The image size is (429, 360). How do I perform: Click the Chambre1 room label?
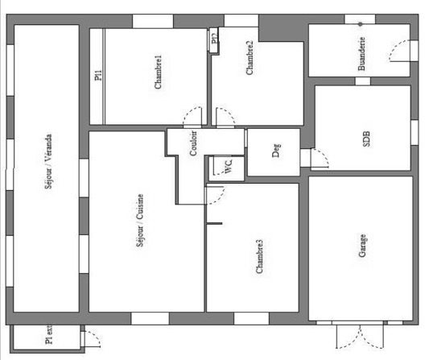click(158, 72)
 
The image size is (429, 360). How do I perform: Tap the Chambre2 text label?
click(250, 57)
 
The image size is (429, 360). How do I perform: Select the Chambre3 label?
click(259, 256)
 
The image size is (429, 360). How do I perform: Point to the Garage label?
click(362, 246)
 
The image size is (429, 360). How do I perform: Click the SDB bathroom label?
click(366, 139)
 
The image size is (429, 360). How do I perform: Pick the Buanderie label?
click(361, 54)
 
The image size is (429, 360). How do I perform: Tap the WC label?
click(229, 166)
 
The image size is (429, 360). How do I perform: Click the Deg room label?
click(276, 151)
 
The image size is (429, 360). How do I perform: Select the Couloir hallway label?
click(193, 143)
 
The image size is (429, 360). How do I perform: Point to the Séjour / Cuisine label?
click(140, 220)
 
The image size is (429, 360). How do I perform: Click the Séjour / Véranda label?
click(48, 161)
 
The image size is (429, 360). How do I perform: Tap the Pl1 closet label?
click(98, 75)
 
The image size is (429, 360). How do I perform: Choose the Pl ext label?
click(48, 335)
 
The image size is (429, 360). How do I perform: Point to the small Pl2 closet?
click(214, 40)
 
